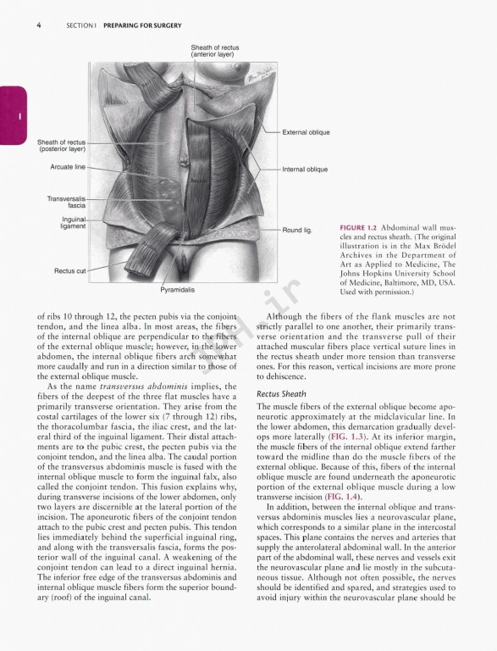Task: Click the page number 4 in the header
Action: point(39,25)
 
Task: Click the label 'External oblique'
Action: point(306,132)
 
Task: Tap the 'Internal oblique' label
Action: point(304,170)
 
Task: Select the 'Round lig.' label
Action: point(297,230)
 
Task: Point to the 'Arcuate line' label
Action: point(68,167)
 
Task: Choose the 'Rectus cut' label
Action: point(70,270)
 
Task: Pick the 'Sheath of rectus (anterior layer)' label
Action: point(214,52)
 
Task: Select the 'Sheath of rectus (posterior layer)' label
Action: point(61,145)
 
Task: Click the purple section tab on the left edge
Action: point(13,114)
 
